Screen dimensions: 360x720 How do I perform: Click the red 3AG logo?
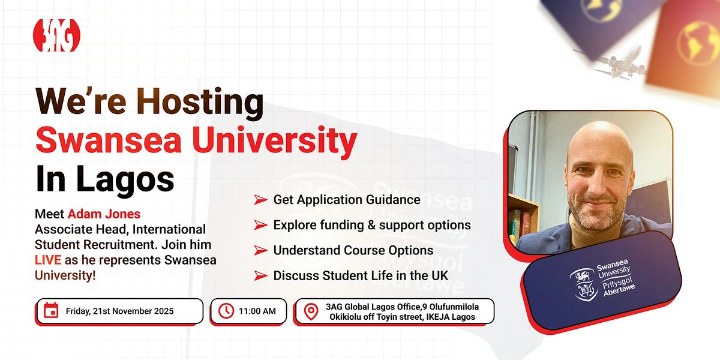point(56,35)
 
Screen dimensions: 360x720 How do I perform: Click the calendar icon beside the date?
point(52,311)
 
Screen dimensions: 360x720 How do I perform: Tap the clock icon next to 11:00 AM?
point(226,311)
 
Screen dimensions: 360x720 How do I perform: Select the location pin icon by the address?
point(310,311)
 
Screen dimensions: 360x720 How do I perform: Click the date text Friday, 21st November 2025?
point(120,311)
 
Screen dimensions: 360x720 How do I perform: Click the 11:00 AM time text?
point(257,311)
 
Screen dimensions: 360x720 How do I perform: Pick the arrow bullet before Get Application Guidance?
point(260,199)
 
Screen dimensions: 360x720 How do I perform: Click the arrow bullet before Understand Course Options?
point(260,250)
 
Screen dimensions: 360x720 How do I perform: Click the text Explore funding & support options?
point(372,225)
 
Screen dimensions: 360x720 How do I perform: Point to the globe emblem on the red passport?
point(698,40)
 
